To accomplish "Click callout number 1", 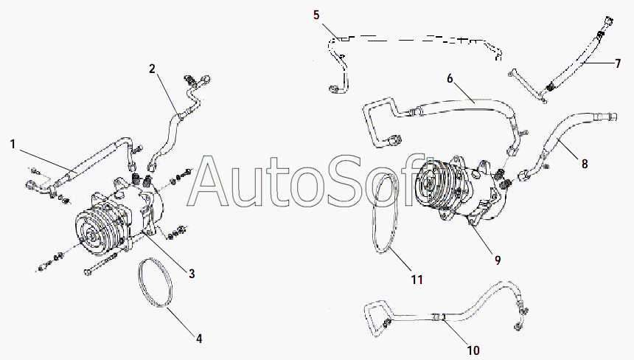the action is click(x=13, y=143).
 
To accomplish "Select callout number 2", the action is click(x=152, y=69).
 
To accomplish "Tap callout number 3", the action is click(x=192, y=274).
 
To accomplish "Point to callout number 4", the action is click(x=198, y=339).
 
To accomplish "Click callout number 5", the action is click(x=316, y=15).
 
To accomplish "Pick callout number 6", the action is click(x=449, y=78).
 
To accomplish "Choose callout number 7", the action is click(x=618, y=63).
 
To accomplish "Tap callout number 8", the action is click(x=585, y=164).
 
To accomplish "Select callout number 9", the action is click(x=498, y=260).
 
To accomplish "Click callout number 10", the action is click(x=473, y=349).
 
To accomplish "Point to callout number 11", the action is click(x=417, y=280).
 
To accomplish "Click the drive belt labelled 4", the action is click(x=157, y=284).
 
